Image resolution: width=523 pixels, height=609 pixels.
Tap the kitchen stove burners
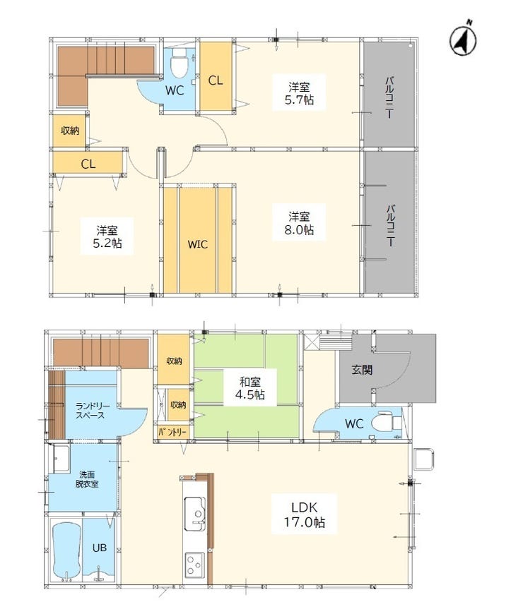(194, 565)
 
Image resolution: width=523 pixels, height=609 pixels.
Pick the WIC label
(197, 245)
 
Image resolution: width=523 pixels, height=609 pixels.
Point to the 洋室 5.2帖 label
(107, 236)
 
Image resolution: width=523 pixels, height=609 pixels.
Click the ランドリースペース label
(90, 410)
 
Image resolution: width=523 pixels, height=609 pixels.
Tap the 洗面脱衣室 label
(87, 479)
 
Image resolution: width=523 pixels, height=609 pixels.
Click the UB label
(99, 547)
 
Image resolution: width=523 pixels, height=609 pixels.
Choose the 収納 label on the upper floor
(69, 131)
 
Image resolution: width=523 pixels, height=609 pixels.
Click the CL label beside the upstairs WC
(216, 80)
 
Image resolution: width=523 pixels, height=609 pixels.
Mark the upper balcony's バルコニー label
(389, 96)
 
